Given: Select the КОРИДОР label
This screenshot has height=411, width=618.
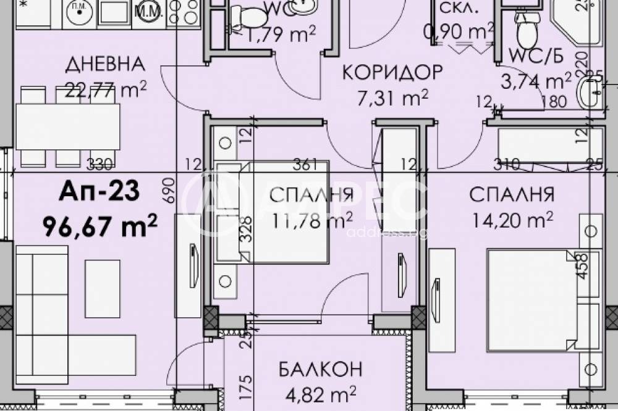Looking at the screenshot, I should [392, 72].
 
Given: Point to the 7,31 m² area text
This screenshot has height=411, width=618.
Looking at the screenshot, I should [393, 98].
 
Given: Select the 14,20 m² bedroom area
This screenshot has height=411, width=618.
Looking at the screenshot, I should [511, 220].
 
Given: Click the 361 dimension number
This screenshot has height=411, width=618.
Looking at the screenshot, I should [307, 164].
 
